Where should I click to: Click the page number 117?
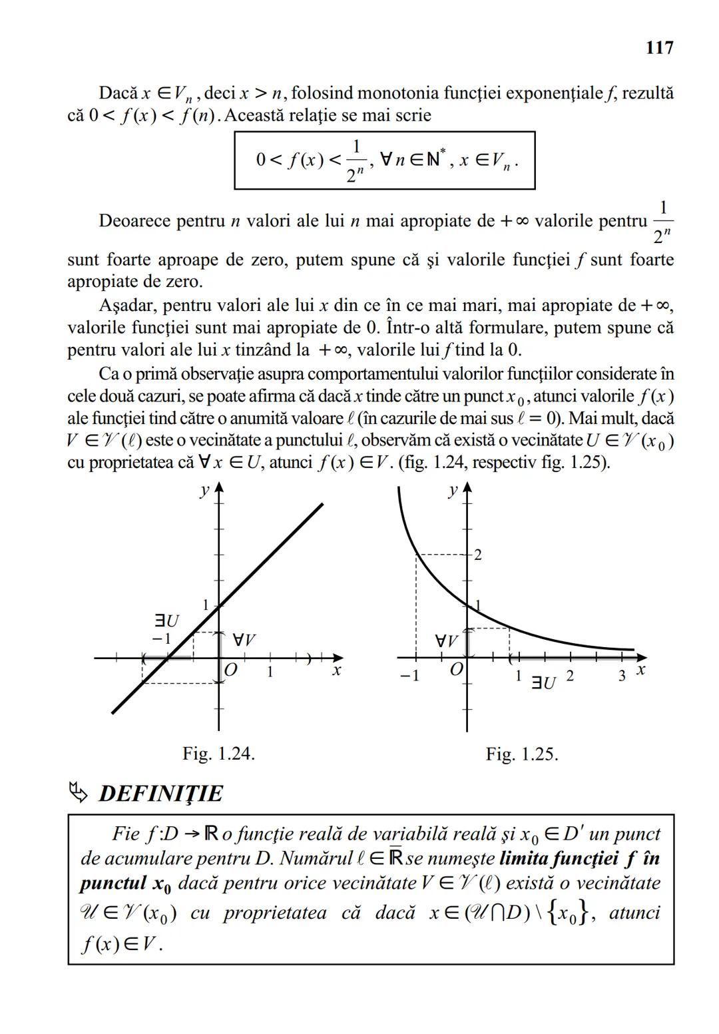tap(658, 48)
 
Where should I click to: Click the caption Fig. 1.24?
tap(219, 754)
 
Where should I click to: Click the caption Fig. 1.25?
tap(521, 754)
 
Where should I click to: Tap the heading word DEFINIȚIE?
tap(160, 794)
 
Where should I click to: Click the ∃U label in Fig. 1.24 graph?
tap(166, 621)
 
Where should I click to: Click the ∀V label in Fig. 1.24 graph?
tap(244, 641)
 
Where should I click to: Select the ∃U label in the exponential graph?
tap(543, 682)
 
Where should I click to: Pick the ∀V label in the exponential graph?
tap(446, 641)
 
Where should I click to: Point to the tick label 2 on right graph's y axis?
tap(477, 555)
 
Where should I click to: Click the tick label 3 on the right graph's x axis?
tap(621, 676)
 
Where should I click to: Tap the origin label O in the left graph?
tap(230, 670)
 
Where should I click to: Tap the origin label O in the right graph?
tap(456, 669)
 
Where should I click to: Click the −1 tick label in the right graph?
tap(409, 676)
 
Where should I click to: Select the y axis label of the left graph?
tap(204, 490)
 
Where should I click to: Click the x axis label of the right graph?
tap(640, 669)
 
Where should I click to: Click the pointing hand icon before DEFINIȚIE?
tap(78, 792)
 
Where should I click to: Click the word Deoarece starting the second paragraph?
tap(134, 220)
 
